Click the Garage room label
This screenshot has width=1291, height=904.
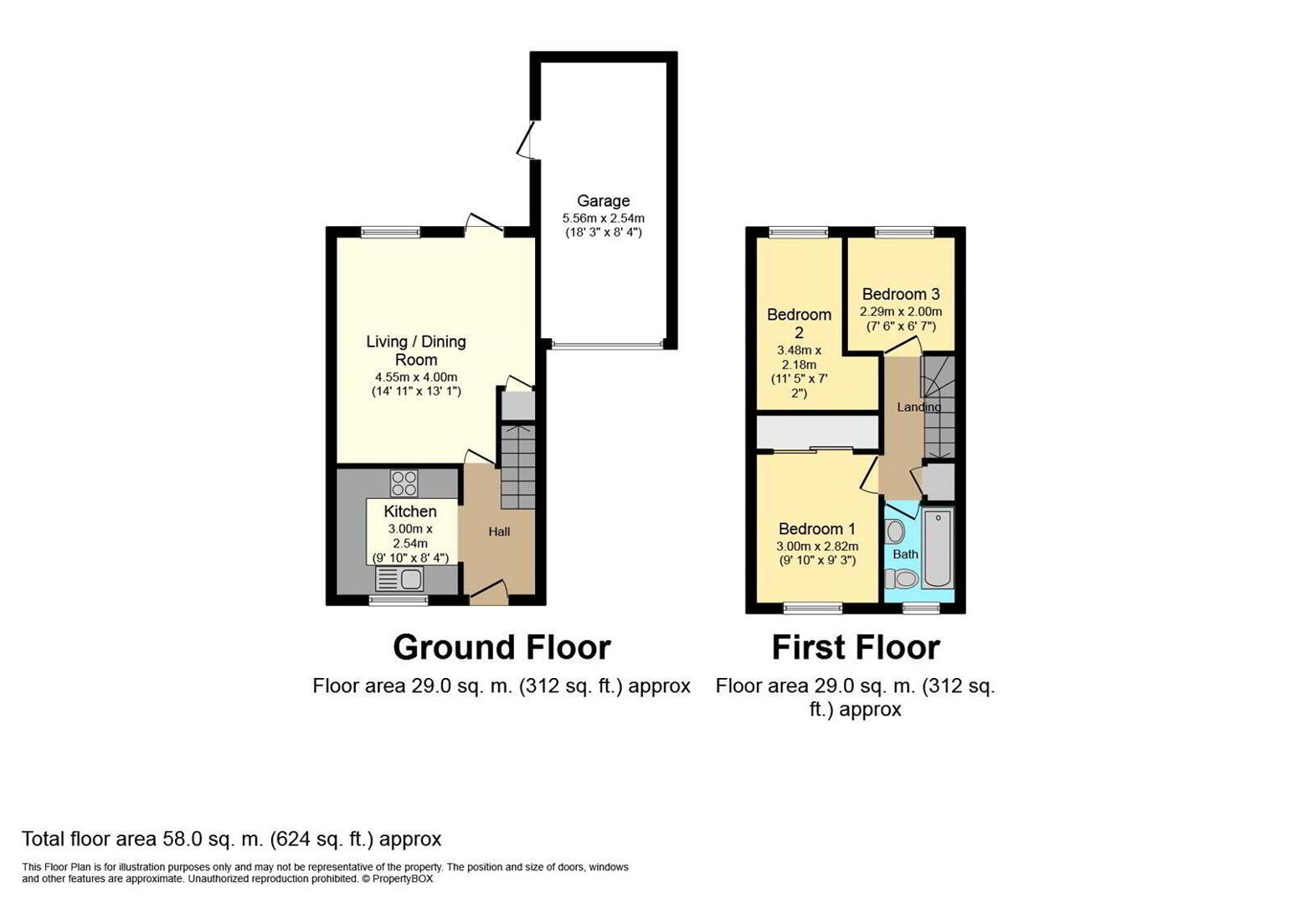(604, 201)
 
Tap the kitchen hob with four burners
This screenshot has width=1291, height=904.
(404, 484)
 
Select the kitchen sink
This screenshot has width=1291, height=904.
(399, 578)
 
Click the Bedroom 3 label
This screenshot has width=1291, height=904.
(901, 295)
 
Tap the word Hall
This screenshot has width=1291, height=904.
(499, 532)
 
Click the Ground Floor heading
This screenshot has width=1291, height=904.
(501, 648)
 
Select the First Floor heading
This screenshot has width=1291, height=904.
(856, 648)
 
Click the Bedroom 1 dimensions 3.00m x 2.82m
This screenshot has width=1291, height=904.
(817, 547)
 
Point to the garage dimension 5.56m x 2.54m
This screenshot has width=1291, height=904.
(604, 218)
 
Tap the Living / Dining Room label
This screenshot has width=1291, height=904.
(416, 351)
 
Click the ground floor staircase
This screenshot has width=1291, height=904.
(518, 467)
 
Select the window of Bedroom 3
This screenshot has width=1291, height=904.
(904, 232)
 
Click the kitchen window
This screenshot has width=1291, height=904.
(399, 600)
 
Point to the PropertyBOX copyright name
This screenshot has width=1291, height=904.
(402, 879)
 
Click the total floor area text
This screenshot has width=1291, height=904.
(232, 839)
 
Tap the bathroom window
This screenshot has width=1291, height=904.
(921, 608)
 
